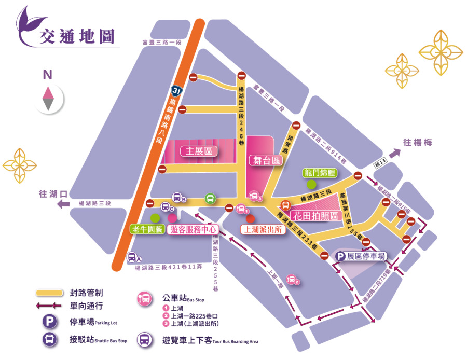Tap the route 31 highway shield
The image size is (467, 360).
pos(177,91)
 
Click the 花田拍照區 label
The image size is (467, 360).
pos(315,215)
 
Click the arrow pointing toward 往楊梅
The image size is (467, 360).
pos(395,153)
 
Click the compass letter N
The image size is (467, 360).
pos(47,75)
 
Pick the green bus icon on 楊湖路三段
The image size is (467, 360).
pos(210,198)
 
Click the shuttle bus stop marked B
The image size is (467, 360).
pos(177,198)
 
